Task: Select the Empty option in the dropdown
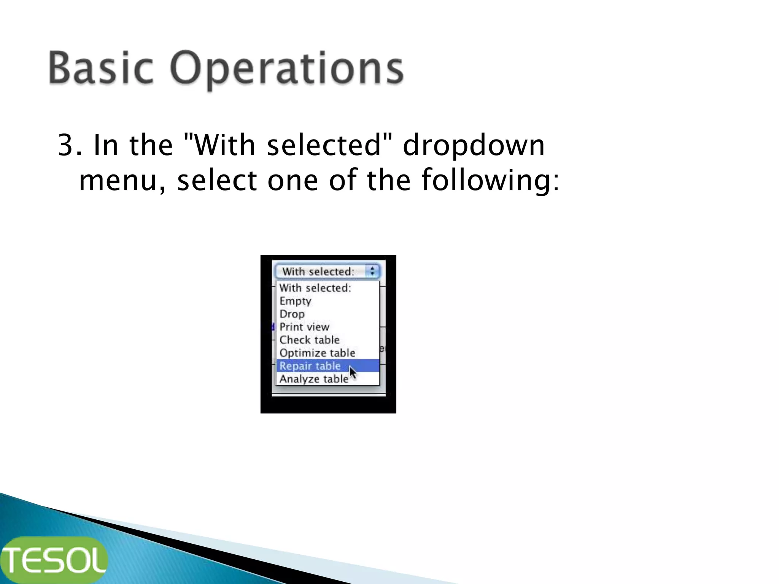tap(295, 301)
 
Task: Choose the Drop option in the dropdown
tap(292, 314)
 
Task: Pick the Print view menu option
tap(304, 327)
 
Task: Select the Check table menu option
tap(309, 340)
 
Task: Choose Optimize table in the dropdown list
tap(317, 353)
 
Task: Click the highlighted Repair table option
tap(310, 366)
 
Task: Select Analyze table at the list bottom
tap(314, 379)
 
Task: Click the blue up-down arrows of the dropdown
tap(372, 271)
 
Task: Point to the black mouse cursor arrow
tap(353, 372)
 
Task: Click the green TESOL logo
tap(54, 560)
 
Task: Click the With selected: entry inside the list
tap(315, 288)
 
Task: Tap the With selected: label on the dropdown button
tap(318, 271)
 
